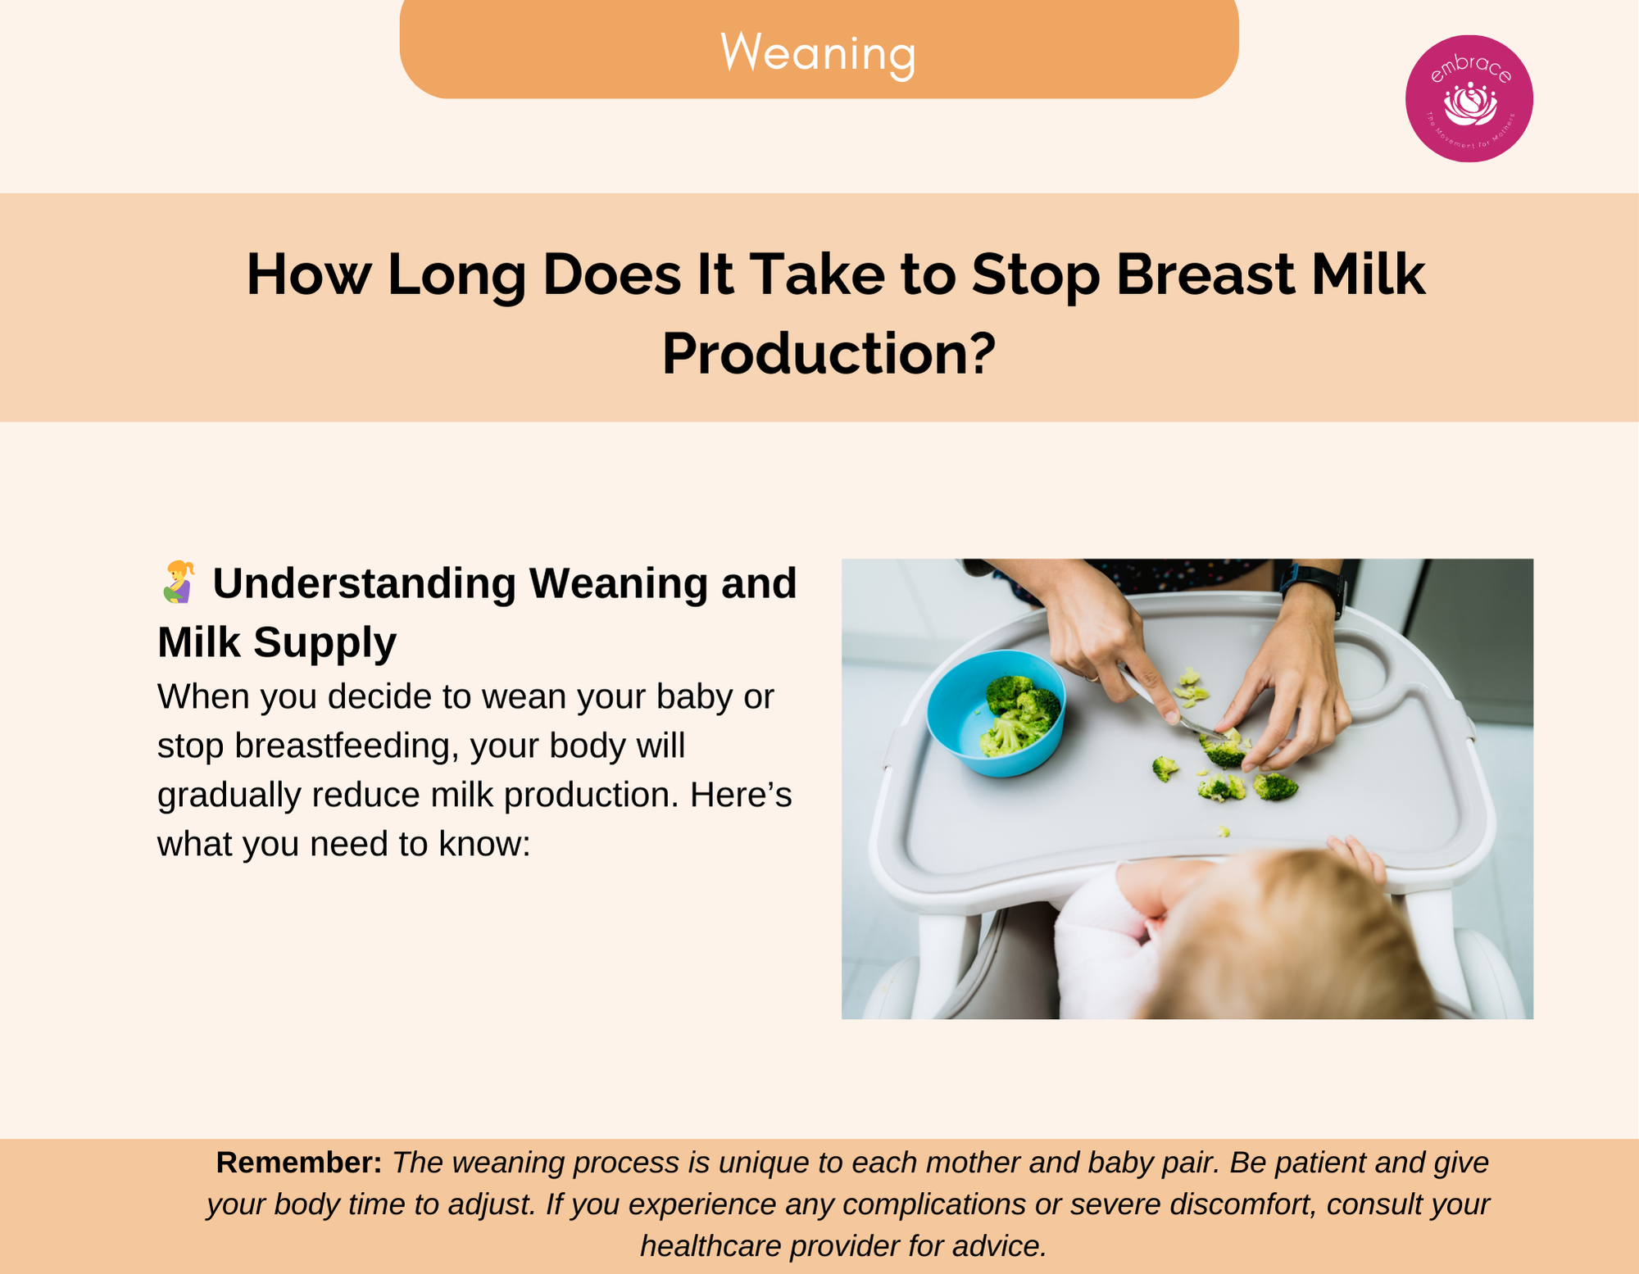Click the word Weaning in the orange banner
(x=818, y=53)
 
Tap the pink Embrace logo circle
(x=1469, y=98)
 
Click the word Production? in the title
(x=829, y=354)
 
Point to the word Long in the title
(x=456, y=275)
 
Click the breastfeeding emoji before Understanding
(x=178, y=583)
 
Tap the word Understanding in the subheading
(x=365, y=584)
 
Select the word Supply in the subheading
(x=325, y=643)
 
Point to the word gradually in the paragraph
(x=229, y=796)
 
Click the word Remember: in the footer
(x=299, y=1163)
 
